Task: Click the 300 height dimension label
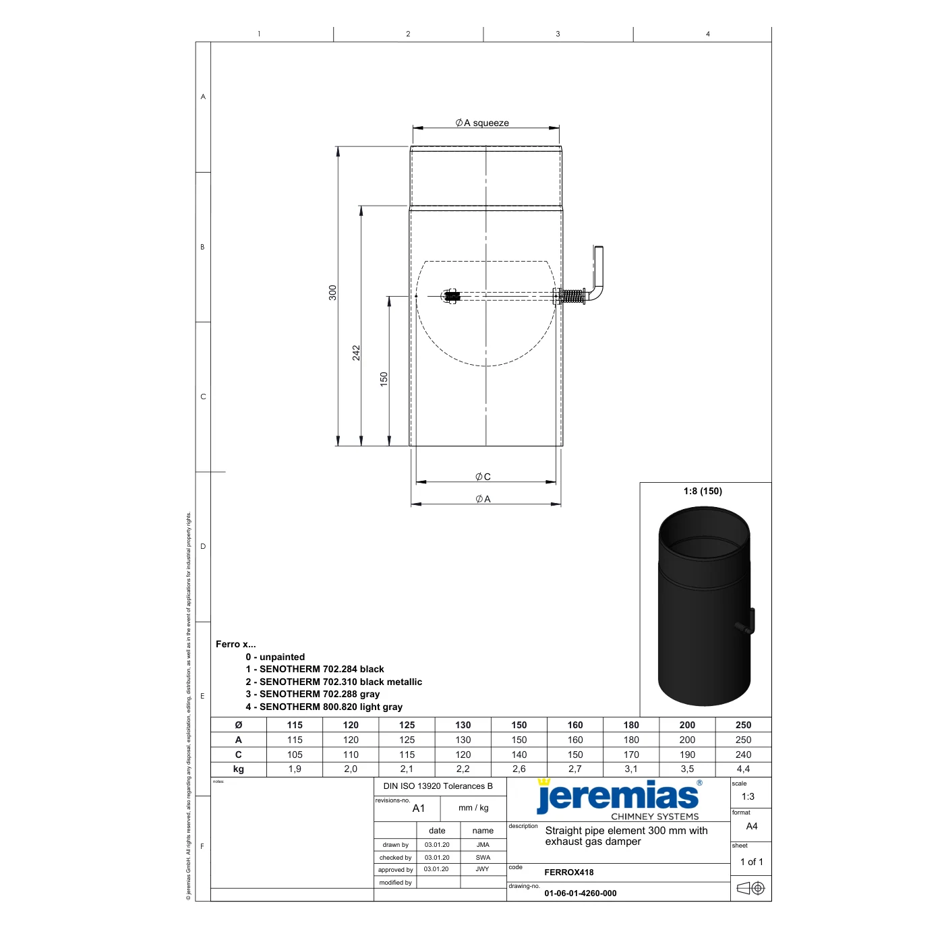[x=332, y=293]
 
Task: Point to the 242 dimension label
[x=356, y=353]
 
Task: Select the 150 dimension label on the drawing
[x=384, y=379]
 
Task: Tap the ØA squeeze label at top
[x=482, y=123]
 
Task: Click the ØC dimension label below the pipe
[x=483, y=477]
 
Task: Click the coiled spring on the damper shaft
[x=572, y=296]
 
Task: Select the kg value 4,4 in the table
[x=743, y=769]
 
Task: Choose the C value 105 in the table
[x=295, y=755]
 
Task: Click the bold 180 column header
[x=631, y=725]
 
